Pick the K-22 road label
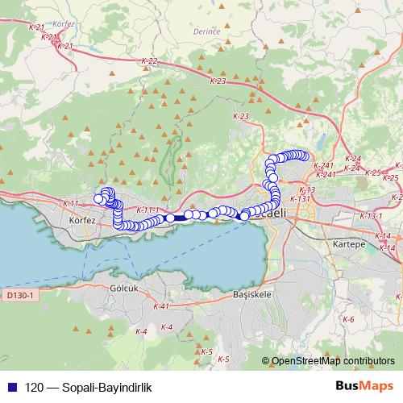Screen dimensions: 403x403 coord(147,61)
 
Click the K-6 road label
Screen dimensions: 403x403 coord(348,320)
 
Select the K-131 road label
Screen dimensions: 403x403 coord(299,198)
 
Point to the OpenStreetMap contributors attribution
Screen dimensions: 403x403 coord(334,360)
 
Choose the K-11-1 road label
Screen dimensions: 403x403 coord(148,210)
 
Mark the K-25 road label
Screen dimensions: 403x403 coord(372,172)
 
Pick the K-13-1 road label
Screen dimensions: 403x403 coord(372,216)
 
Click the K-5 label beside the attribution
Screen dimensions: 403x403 coord(224,359)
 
